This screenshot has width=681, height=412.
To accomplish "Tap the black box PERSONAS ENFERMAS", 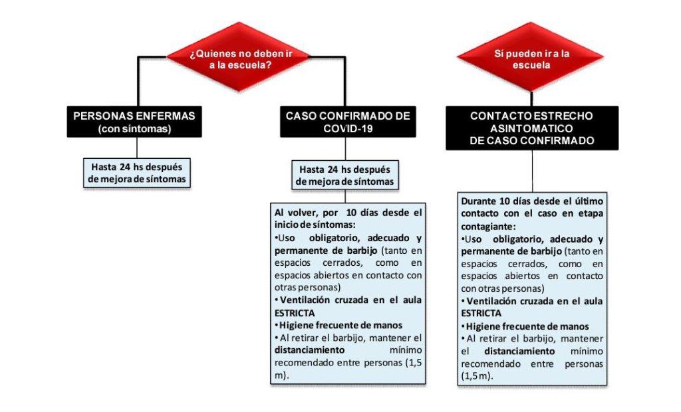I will [x=134, y=122].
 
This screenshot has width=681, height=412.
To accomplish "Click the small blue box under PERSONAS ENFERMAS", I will [x=137, y=173].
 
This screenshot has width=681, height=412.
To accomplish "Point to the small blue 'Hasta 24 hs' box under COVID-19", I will [x=344, y=175].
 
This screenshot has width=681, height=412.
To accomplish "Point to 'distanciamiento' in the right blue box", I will [x=519, y=350].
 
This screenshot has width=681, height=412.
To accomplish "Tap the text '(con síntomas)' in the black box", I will [x=134, y=129].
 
